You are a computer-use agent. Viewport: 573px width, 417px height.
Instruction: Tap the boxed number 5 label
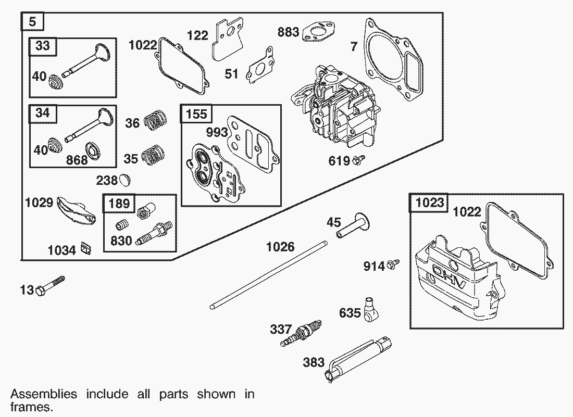click(32, 22)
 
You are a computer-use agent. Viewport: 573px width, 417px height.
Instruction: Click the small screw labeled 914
click(394, 264)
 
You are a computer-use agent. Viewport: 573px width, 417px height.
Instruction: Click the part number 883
click(288, 32)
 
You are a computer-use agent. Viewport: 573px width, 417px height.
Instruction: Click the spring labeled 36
click(155, 121)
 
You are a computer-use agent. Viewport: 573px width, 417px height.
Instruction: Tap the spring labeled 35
click(153, 155)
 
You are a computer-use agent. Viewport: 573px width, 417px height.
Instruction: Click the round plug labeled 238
click(125, 180)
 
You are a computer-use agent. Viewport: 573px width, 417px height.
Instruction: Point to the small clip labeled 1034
click(86, 250)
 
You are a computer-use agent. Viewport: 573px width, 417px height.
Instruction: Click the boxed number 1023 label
click(430, 202)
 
